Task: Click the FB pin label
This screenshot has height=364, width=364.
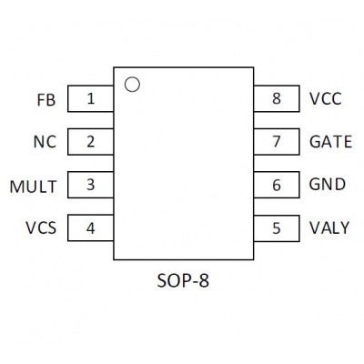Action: [x=46, y=100]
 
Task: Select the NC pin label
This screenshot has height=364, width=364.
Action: [x=45, y=142]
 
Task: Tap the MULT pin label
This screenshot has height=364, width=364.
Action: [x=34, y=187]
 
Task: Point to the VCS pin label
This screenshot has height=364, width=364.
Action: [x=41, y=227]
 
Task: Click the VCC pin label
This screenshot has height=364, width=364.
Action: [x=326, y=98]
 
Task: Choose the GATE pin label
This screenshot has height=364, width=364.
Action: [x=330, y=142]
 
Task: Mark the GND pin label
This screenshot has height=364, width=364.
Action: [x=328, y=185]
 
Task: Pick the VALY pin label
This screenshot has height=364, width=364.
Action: [x=329, y=227]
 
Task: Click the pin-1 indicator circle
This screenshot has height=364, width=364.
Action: [x=132, y=77]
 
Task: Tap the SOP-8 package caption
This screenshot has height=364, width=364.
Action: [x=183, y=281]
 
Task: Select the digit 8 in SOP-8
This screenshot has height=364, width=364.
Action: [x=204, y=281]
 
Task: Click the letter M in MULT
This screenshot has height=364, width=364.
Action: [x=16, y=187]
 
